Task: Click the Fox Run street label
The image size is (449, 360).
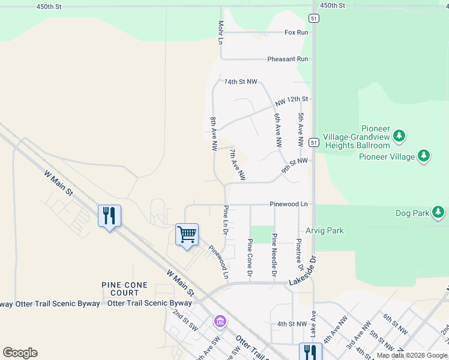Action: click(x=296, y=32)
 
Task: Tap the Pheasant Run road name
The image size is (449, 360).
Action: click(x=288, y=59)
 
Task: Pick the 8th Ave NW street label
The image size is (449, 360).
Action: click(x=213, y=133)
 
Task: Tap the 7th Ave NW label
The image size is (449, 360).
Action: click(x=237, y=165)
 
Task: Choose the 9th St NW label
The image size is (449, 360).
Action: click(x=294, y=162)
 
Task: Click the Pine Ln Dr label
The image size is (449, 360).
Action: click(x=226, y=221)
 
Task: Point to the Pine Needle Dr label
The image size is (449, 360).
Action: click(x=274, y=254)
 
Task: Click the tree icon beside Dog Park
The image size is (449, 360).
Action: click(x=439, y=212)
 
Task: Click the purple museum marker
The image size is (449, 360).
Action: click(x=220, y=322)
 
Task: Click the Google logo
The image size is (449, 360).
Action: click(x=20, y=353)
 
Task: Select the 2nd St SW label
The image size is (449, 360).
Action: click(x=185, y=321)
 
